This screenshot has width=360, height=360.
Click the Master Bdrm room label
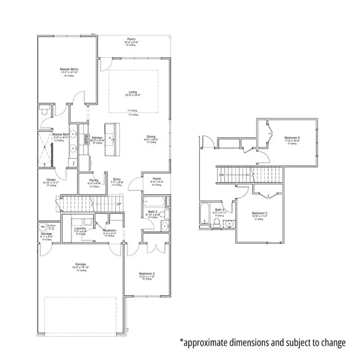[69, 69]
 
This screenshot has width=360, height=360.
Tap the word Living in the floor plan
[133, 92]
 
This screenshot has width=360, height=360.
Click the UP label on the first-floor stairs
[119, 204]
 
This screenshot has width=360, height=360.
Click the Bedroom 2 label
[147, 273]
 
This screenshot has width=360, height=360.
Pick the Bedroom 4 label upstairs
[292, 138]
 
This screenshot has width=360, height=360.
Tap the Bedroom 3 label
[259, 213]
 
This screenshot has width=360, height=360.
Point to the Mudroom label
[109, 231]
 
